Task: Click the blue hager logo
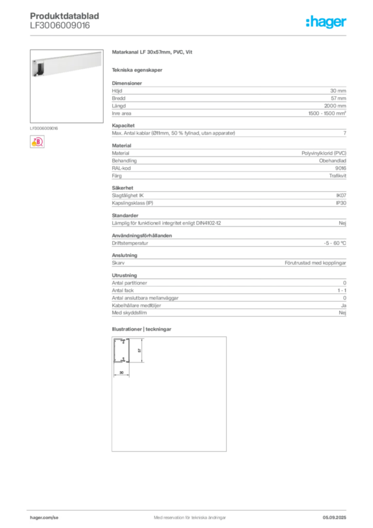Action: [x=327, y=22]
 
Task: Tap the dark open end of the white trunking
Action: [x=37, y=68]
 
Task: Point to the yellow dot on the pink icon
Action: [x=33, y=144]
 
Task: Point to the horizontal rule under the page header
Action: [x=189, y=35]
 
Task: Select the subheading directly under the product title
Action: [x=138, y=70]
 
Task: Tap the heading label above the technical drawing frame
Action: [x=142, y=329]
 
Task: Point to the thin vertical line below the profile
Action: [x=113, y=371]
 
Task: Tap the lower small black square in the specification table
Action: [x=120, y=183]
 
